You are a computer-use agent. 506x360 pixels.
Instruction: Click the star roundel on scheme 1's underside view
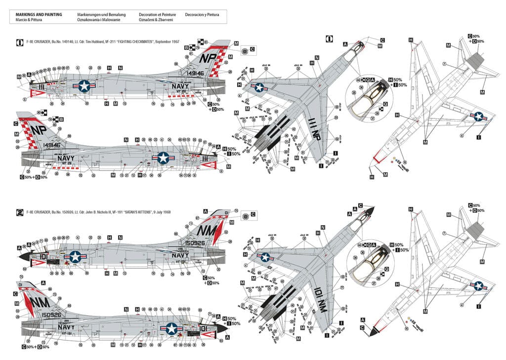pos(478,117)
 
